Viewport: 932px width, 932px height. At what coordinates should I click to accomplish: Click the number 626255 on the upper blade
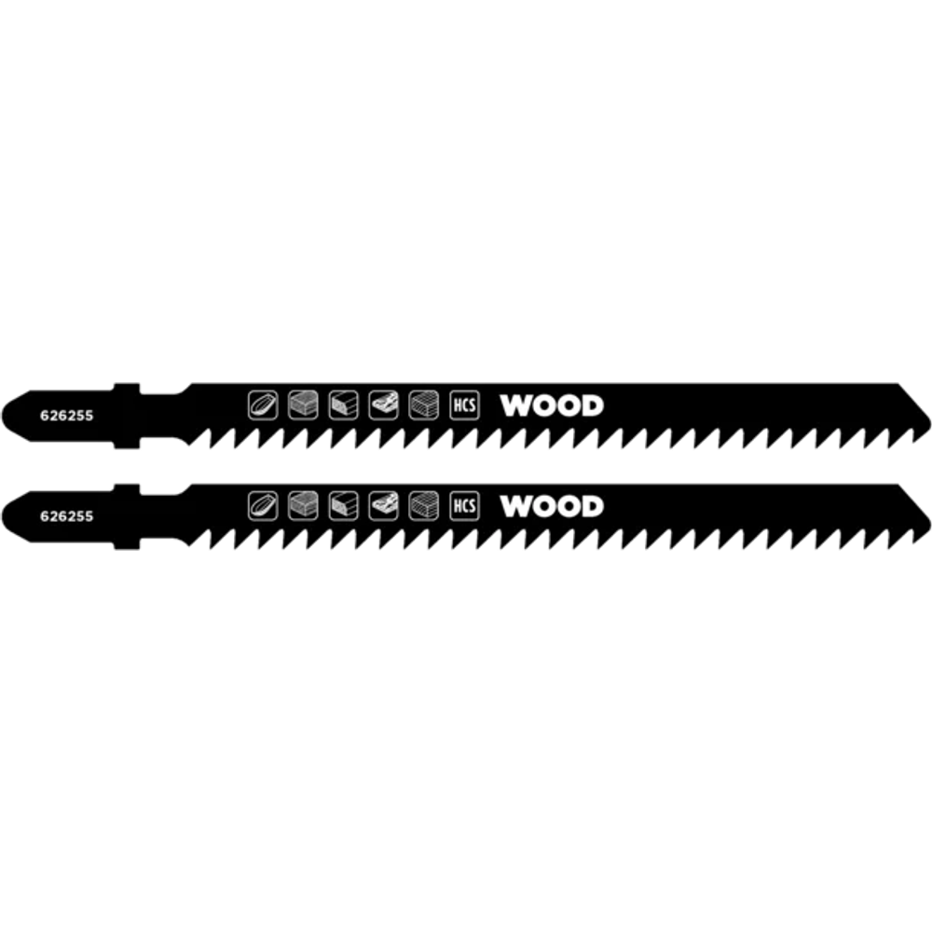click(66, 416)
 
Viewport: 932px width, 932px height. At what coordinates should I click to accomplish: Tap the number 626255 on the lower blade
click(66, 516)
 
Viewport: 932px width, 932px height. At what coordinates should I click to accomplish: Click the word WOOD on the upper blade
click(552, 405)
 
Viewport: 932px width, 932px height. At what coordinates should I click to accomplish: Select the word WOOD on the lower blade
click(552, 506)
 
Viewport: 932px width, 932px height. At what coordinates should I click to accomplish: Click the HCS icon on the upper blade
click(464, 405)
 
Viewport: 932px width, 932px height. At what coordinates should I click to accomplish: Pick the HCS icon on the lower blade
click(464, 506)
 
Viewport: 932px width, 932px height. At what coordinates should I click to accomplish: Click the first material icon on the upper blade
click(263, 405)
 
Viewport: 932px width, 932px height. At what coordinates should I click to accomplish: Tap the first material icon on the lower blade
click(263, 506)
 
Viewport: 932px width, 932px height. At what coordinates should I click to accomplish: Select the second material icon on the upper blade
click(303, 405)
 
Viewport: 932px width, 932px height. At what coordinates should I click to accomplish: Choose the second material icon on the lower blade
click(303, 506)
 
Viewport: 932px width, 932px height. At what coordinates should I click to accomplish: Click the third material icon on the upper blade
click(344, 405)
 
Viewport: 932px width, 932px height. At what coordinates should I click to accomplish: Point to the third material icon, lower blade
click(344, 506)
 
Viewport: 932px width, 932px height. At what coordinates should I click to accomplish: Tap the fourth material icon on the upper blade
click(383, 405)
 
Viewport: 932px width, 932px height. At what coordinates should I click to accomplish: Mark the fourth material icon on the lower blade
click(383, 506)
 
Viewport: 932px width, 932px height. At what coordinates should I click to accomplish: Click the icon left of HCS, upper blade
click(424, 405)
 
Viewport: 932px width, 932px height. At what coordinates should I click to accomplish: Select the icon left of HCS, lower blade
click(424, 506)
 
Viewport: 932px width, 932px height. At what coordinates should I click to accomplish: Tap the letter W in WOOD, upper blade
click(514, 405)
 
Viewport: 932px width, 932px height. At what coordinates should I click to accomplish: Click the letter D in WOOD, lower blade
click(593, 506)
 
